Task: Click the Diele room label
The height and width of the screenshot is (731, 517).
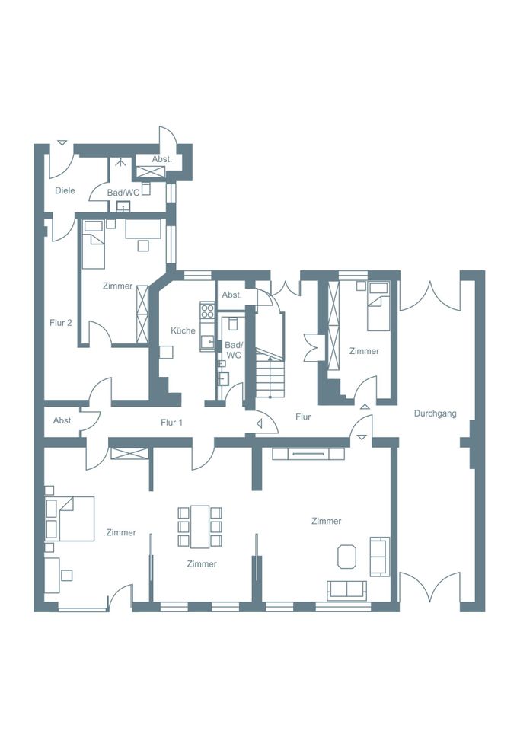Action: (65, 190)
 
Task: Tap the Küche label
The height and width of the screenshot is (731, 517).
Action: (184, 330)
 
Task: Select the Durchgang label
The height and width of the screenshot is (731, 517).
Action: (436, 413)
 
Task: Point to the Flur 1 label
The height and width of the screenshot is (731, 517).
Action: (171, 423)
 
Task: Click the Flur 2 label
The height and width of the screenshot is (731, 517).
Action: (61, 323)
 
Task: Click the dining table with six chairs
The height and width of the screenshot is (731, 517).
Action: (199, 526)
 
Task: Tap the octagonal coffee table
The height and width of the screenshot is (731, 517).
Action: (347, 556)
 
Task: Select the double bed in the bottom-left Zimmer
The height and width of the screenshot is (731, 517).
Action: (70, 519)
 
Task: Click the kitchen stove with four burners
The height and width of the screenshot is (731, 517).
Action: (207, 311)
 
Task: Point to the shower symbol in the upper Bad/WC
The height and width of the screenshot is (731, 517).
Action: (122, 163)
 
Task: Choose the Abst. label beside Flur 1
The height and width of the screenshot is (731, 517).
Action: (63, 420)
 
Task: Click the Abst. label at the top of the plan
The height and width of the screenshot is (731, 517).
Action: (161, 159)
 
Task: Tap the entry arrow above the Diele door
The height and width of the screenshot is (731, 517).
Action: (62, 143)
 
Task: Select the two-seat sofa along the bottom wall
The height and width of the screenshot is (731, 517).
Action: (347, 590)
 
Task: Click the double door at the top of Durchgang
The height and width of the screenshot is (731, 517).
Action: (430, 295)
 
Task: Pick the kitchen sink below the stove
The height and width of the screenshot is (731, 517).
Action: (208, 343)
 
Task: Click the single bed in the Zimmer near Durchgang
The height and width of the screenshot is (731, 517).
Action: (378, 306)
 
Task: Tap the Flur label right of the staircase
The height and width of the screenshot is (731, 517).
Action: (303, 417)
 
